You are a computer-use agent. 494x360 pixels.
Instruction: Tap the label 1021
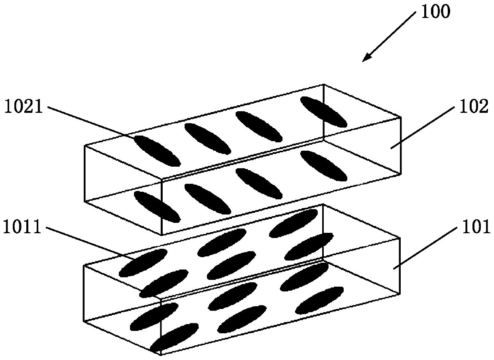23,107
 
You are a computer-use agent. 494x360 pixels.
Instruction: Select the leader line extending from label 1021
92,122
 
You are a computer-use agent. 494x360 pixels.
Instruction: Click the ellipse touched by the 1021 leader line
157,151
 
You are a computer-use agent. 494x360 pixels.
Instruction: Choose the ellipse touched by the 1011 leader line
143,262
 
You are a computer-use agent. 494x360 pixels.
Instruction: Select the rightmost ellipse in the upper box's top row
323,112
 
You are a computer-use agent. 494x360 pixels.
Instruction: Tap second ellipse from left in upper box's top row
208,139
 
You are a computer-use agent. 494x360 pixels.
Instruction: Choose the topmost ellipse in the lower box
294,223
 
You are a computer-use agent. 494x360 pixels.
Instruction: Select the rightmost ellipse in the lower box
320,300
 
